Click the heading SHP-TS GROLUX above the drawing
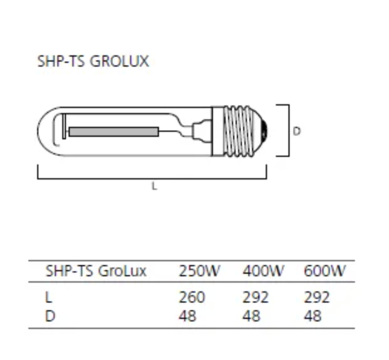click(x=93, y=62)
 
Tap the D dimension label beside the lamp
click(x=297, y=131)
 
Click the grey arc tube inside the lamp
click(x=113, y=131)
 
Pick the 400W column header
click(x=263, y=271)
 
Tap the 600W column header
click(x=324, y=271)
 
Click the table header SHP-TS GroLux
click(x=96, y=271)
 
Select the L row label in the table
click(x=49, y=297)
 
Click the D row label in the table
click(x=50, y=315)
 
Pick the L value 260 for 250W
click(x=192, y=297)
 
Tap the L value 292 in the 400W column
click(x=256, y=297)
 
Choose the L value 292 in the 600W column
click(x=316, y=297)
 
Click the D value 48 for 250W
click(x=187, y=315)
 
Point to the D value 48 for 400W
click(x=251, y=315)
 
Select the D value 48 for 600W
click(x=312, y=315)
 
